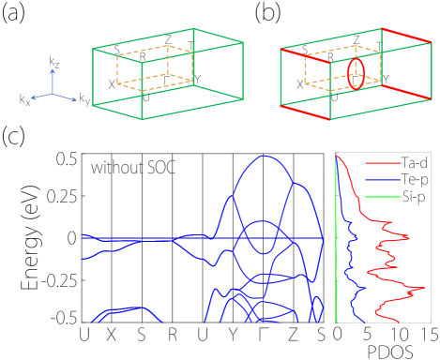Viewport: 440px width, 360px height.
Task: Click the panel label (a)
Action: pos(15,16)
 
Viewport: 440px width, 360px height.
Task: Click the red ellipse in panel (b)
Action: pos(354,74)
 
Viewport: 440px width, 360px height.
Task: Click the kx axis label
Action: pos(26,97)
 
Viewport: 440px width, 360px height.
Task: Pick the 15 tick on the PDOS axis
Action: pos(428,334)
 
